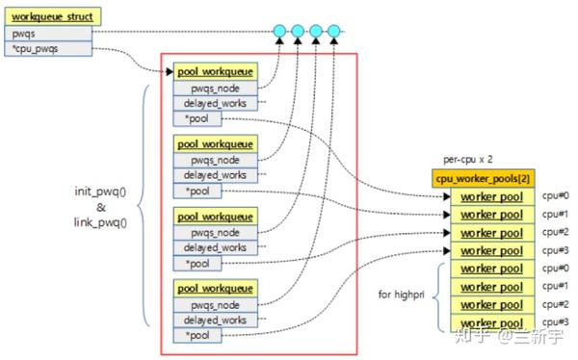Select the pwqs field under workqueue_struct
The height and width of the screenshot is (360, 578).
tap(49, 32)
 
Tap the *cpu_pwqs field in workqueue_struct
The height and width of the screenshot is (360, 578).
tap(49, 47)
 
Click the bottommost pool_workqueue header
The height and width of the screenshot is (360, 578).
tap(215, 288)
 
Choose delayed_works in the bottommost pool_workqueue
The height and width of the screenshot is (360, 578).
tap(215, 319)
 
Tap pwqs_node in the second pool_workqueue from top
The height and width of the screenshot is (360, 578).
tap(215, 160)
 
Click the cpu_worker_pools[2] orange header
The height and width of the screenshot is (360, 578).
tap(483, 179)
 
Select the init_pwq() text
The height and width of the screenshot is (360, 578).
tap(103, 191)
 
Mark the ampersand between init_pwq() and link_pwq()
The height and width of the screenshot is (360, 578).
tap(102, 207)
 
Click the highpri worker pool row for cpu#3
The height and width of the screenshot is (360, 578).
tap(490, 323)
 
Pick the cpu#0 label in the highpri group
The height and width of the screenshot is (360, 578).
tap(555, 269)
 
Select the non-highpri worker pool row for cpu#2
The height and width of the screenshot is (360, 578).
tap(490, 232)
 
